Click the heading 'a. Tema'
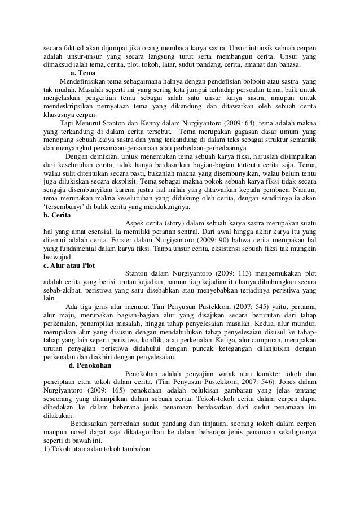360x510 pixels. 82,73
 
